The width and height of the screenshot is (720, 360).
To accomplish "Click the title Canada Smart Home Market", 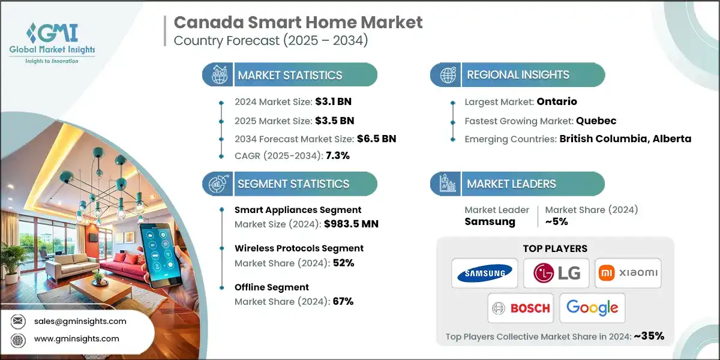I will pyautogui.click(x=298, y=23).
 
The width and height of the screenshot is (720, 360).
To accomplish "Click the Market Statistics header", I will pyautogui.click(x=290, y=75).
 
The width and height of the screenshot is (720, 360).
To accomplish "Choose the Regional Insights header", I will pyautogui.click(x=518, y=75).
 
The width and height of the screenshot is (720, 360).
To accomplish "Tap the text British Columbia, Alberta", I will pyautogui.click(x=625, y=139).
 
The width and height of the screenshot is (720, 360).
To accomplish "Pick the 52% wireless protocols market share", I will pyautogui.click(x=343, y=263).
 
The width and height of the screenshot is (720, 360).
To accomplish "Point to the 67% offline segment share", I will pyautogui.click(x=343, y=301).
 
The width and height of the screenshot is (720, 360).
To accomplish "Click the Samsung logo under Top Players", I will pyautogui.click(x=485, y=274).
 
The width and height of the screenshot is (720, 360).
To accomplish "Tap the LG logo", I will pyautogui.click(x=556, y=274).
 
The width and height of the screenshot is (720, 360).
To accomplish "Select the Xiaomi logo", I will pyautogui.click(x=628, y=274).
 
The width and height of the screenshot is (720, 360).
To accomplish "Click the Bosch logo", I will pyautogui.click(x=520, y=308).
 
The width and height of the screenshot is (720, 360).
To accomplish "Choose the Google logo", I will pyautogui.click(x=592, y=308).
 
